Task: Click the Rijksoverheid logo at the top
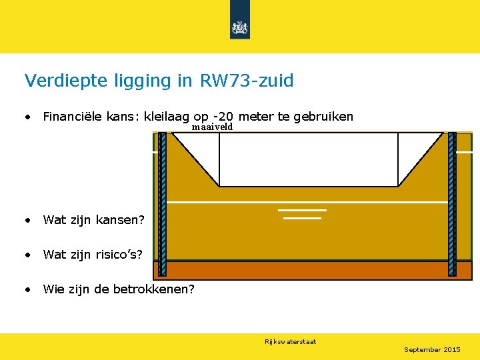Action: (240, 27)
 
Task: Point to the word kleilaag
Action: (167, 117)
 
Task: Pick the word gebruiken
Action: (323, 117)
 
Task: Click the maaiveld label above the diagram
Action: (212, 127)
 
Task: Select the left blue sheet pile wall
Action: (162, 203)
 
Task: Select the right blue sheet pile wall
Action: (452, 203)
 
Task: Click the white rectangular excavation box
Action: (308, 159)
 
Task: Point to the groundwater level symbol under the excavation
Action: (302, 213)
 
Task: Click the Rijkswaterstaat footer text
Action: (290, 342)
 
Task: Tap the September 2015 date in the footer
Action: (432, 350)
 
